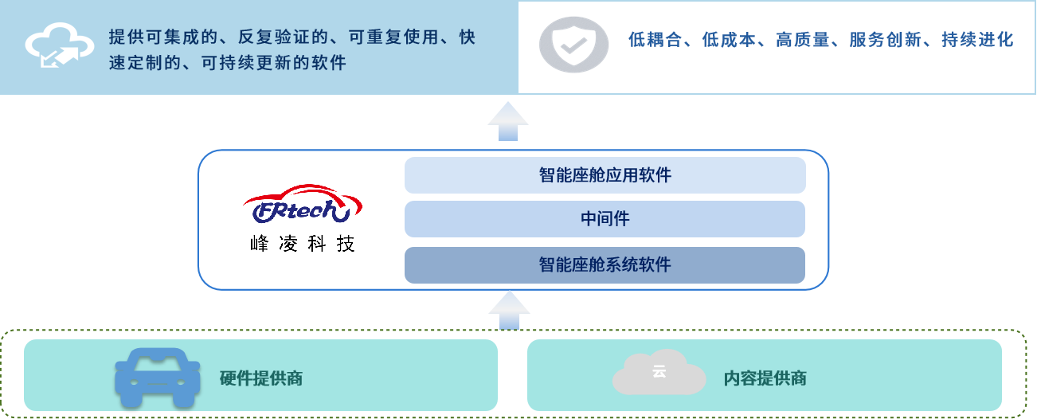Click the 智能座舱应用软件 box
(605, 175)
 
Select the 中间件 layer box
(605, 219)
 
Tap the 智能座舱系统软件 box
(605, 264)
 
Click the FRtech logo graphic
(303, 204)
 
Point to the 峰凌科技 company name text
(303, 244)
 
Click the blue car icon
(158, 378)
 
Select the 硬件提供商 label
(261, 378)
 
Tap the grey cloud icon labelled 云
(659, 372)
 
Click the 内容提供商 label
(765, 378)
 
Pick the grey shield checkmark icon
(574, 45)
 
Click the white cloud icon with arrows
(59, 45)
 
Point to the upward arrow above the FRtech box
(508, 121)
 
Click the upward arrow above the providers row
(509, 310)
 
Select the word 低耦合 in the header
(655, 40)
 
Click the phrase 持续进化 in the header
(978, 40)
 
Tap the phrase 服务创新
(886, 40)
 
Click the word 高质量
(803, 40)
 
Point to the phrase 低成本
(729, 40)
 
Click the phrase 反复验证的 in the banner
(284, 37)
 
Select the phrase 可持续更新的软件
(274, 62)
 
